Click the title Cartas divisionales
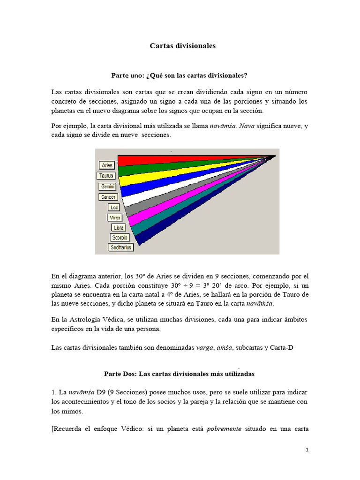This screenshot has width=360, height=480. pos(183,46)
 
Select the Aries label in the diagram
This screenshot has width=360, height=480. pos(107,165)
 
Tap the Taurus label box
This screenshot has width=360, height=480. pos(106,176)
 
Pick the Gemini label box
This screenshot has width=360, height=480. pos(108,187)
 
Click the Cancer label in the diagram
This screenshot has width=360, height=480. pos(108,197)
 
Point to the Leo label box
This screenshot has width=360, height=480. pos(114,207)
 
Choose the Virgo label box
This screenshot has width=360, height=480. pos(115,217)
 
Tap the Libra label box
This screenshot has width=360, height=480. pos(119,227)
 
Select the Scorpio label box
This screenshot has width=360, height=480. pos(120,238)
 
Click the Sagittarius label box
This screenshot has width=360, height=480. pos(121,247)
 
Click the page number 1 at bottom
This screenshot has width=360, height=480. pos(307,450)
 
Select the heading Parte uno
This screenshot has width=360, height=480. pos(179,75)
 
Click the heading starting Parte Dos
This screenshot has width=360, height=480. pos(179,375)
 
